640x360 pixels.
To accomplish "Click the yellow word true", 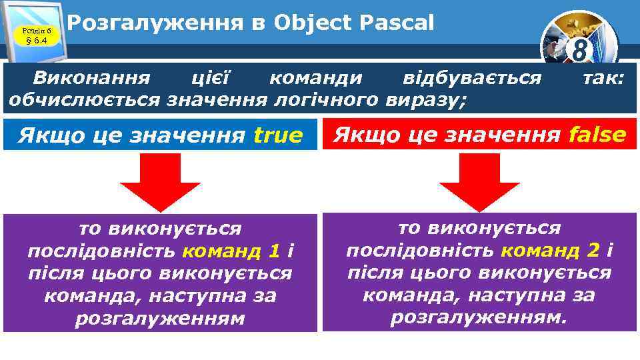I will (278, 136).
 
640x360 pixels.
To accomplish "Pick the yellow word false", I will (597, 135).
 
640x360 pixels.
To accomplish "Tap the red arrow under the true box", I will (161, 180).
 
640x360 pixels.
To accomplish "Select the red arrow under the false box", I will (479, 180).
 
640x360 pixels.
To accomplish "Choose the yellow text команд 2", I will (549, 250).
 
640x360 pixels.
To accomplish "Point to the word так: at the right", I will (603, 78).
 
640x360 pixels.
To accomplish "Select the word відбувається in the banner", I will (472, 78).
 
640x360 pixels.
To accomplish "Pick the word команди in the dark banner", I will (316, 78).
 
